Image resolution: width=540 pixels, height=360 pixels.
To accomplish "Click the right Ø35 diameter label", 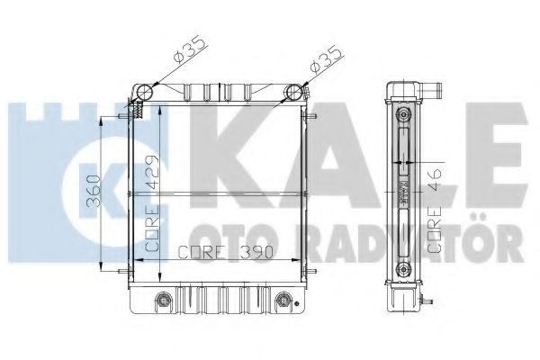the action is (x=326, y=58).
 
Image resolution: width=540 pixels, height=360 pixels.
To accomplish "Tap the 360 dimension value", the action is (x=94, y=191).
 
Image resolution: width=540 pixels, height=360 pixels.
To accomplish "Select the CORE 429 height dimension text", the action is (x=152, y=203).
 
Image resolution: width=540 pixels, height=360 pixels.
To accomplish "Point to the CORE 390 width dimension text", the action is (x=226, y=252).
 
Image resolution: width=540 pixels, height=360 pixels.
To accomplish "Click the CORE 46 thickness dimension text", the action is (x=435, y=210).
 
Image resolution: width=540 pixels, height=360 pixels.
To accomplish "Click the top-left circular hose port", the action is (x=144, y=92).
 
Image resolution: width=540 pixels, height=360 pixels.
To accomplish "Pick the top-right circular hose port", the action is (x=293, y=92).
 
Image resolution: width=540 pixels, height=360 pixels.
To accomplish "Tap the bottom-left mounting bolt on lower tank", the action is (x=163, y=300).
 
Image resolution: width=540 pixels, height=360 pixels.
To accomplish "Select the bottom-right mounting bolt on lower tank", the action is (x=283, y=300).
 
